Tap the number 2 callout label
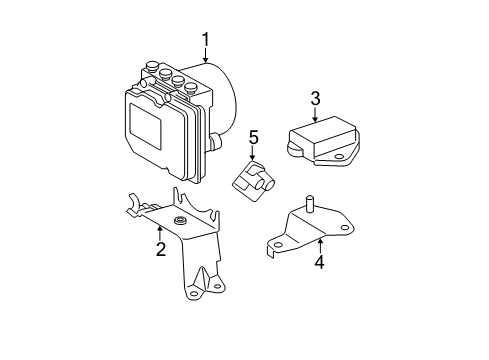(161, 249)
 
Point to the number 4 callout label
(320, 264)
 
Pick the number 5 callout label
(254, 137)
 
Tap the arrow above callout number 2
(161, 232)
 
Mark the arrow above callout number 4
(320, 246)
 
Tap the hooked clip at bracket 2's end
(132, 211)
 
